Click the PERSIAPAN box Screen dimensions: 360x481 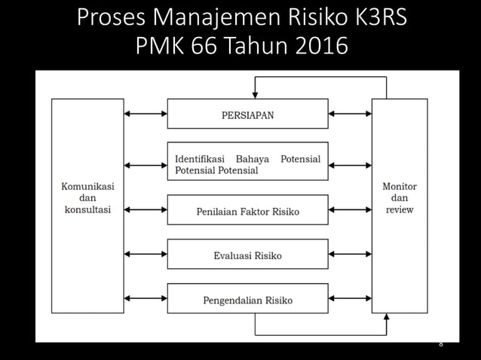[x=247, y=114]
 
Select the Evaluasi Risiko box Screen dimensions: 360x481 [x=247, y=255]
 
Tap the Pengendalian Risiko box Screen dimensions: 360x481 [x=247, y=301]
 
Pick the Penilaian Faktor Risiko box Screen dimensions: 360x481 [x=247, y=211]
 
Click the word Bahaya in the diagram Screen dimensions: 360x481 [x=257, y=159]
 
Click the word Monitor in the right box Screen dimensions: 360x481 [x=400, y=186]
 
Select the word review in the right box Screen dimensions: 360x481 [x=400, y=209]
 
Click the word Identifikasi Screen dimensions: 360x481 [x=201, y=159]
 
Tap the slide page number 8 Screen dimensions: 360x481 [x=440, y=343]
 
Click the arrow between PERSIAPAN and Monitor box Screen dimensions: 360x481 [x=350, y=114]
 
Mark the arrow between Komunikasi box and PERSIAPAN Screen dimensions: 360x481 [x=146, y=114]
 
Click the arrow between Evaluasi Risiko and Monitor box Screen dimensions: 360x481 [x=350, y=255]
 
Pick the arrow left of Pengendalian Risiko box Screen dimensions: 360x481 [x=146, y=300]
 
